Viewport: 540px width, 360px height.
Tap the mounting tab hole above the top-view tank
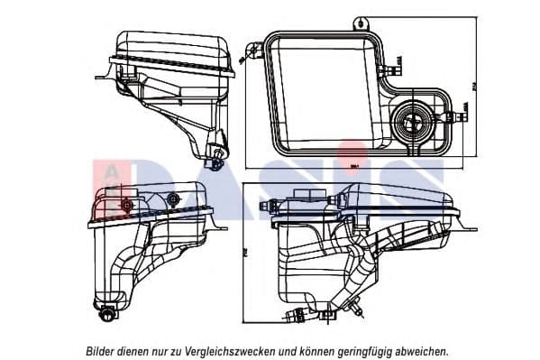point(362,19)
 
